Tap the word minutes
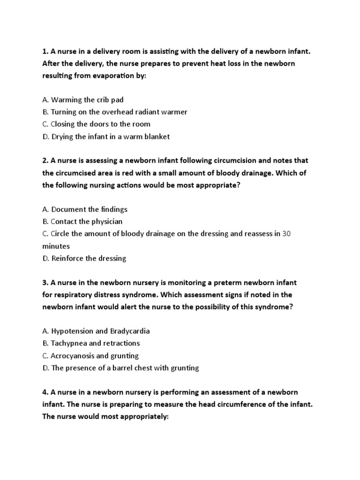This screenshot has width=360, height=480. (x=56, y=246)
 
